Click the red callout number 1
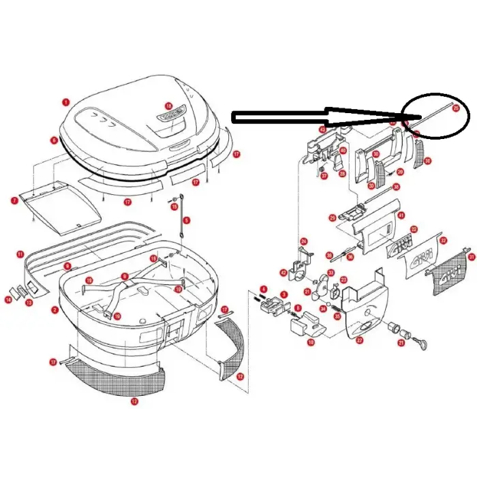pos(65,102)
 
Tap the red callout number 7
pos(14,200)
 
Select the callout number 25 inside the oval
pos(456,108)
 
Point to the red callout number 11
pos(20,254)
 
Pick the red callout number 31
pos(470,256)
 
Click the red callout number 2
pos(55,310)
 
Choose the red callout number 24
pos(304,241)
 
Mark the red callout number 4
pos(263,289)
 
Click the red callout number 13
pos(29,301)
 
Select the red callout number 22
pos(414,230)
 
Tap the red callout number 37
pos(324,175)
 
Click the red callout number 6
pos(53,140)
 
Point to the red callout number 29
pos(332,218)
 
